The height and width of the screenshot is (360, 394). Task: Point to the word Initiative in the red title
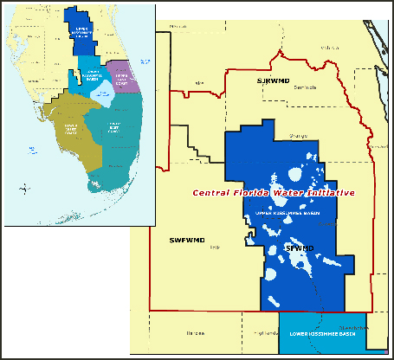tap(326, 192)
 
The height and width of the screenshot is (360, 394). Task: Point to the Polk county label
tap(215, 247)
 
